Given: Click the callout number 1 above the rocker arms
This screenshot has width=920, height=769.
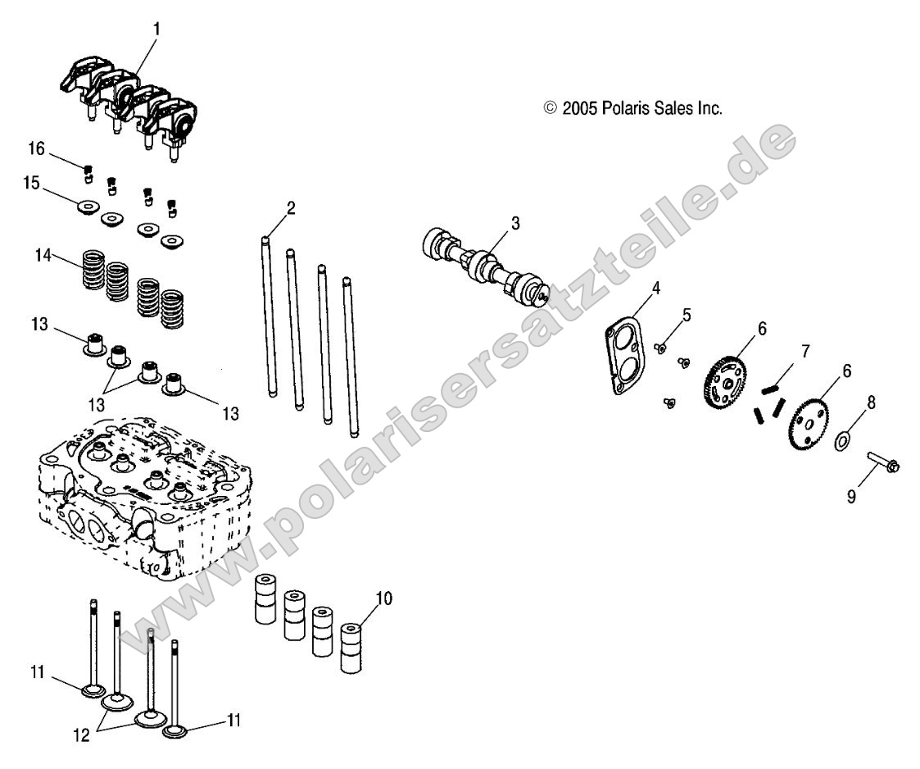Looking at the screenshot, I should click(157, 29).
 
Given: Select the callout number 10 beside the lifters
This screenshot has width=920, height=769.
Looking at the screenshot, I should click(384, 598).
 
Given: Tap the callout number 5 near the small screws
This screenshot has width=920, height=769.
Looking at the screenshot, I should click(687, 313).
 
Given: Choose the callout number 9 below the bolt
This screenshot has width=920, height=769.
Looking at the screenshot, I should click(852, 497).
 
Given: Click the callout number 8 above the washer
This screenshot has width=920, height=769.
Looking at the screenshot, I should click(871, 402).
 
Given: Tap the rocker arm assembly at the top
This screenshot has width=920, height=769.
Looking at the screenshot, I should click(131, 102).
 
